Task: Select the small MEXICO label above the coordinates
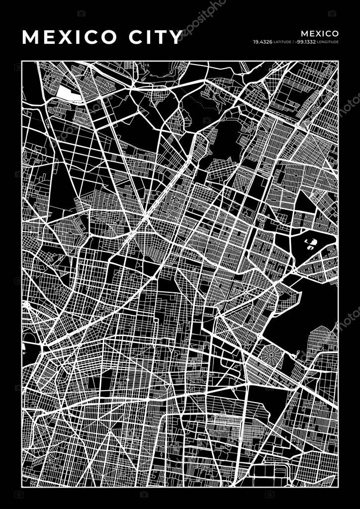320,33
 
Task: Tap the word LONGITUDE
328,42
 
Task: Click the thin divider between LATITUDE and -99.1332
293,42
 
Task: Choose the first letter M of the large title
31,37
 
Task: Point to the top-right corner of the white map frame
338,62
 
